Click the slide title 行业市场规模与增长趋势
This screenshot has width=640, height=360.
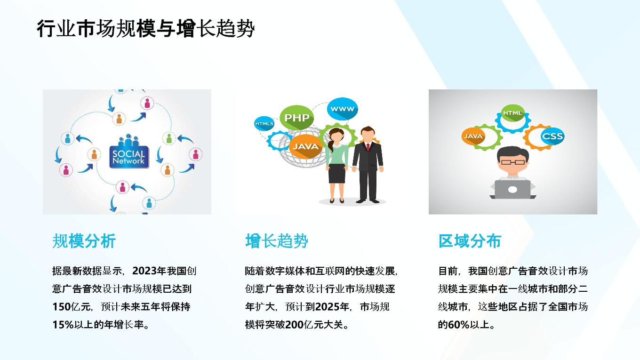pos(145,29)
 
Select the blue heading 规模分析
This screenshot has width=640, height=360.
pos(84,241)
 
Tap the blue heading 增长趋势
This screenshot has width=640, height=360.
pos(277,241)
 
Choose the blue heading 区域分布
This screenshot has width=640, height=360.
pos(470,241)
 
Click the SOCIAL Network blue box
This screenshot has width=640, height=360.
pos(129,157)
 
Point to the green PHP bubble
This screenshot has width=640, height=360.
pos(296,118)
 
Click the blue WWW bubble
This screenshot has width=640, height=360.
pos(342,109)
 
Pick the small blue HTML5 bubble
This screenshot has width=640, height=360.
pos(264,124)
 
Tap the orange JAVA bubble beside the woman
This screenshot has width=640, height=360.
pos(305,146)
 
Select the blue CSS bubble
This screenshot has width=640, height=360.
pos(552,136)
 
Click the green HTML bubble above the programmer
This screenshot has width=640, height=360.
pos(513,113)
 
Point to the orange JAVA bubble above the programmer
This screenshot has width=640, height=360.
pos(473,136)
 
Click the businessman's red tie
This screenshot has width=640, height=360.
pos(368,147)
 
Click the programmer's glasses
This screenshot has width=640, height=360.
pos(513,162)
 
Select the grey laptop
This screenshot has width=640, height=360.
pos(512,190)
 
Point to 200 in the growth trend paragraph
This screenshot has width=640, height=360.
pos(294,325)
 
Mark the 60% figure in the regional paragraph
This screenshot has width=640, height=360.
pos(459,325)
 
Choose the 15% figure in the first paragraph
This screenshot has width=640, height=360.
pos(63,325)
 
